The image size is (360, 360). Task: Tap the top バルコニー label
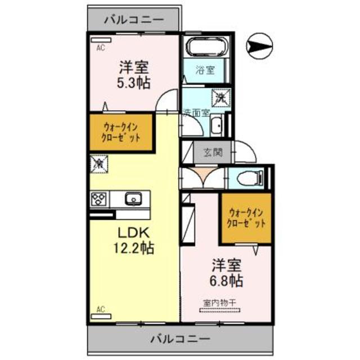click(x=134, y=19)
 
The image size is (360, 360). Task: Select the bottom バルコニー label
click(x=180, y=339)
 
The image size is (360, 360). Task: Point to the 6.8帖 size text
click(x=227, y=279)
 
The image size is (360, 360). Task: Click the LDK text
click(x=133, y=232)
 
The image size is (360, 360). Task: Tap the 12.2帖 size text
click(x=134, y=247)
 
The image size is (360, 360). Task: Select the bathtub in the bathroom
click(x=206, y=48)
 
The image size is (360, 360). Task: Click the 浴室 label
click(x=205, y=70)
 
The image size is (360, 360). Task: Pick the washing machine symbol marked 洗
click(x=219, y=97)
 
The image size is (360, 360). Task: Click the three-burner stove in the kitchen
click(x=100, y=199)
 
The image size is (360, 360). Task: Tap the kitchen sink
click(x=133, y=199)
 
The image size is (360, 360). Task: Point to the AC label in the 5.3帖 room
click(x=100, y=48)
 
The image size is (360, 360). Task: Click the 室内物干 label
click(x=219, y=303)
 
